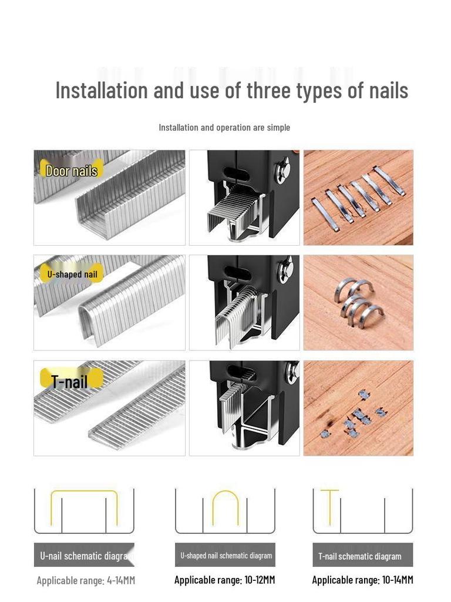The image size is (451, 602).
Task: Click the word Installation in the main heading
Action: point(102,91)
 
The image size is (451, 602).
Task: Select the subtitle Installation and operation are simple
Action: point(224,128)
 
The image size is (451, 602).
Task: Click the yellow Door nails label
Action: point(71,171)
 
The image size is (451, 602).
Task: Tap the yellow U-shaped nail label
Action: point(72,275)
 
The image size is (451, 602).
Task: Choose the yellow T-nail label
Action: point(69,382)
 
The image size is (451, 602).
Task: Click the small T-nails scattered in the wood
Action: point(354,414)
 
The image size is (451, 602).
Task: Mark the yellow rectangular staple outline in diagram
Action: point(84,507)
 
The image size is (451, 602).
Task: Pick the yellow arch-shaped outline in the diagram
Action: point(225,507)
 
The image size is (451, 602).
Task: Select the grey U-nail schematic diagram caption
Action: point(84,556)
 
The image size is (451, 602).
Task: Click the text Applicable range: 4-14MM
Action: point(86,581)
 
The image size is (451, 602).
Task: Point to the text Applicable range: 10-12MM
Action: point(225,580)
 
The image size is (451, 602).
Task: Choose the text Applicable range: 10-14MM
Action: point(362,580)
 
